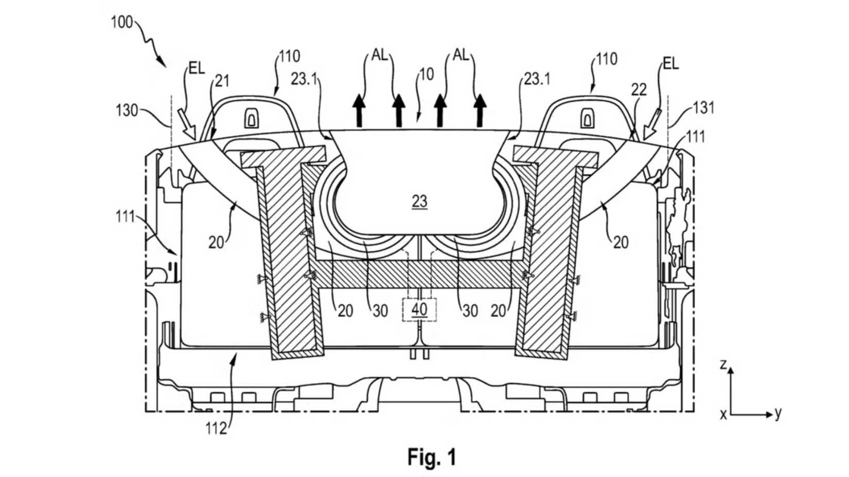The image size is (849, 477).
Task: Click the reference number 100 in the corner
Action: (x=122, y=23)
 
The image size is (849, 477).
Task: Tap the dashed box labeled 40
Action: (x=419, y=309)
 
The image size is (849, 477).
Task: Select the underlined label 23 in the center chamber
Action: (x=419, y=201)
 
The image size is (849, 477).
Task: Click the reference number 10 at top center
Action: (x=427, y=75)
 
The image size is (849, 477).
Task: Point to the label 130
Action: (x=127, y=110)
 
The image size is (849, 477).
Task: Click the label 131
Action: (x=703, y=108)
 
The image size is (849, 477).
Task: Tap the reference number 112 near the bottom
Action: (x=216, y=428)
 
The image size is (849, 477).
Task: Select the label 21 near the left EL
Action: (x=222, y=81)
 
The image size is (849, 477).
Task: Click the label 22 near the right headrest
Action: (x=639, y=90)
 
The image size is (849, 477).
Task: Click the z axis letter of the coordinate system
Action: (x=723, y=364)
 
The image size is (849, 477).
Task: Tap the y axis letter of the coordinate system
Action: (x=777, y=412)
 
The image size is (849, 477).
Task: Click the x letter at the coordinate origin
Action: (x=723, y=414)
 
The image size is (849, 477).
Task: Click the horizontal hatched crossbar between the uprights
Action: (x=419, y=273)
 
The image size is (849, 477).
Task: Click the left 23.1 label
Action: (x=304, y=79)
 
